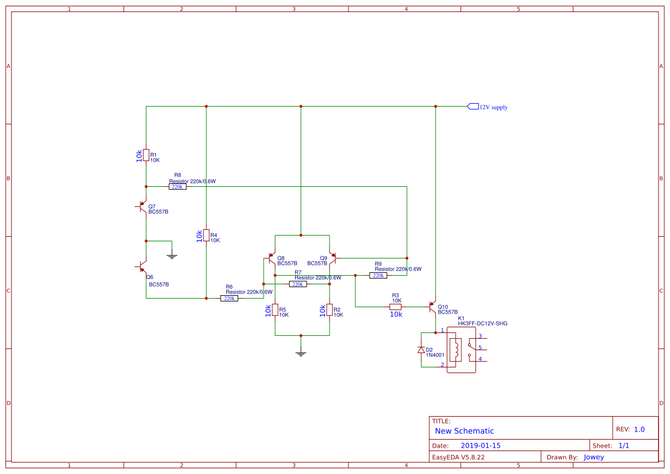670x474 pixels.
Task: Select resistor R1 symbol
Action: click(146, 156)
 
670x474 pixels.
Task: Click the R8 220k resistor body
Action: click(177, 187)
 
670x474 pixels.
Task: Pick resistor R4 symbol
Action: click(206, 236)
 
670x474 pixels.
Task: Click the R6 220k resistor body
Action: click(229, 299)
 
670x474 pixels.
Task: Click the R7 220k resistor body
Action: click(297, 284)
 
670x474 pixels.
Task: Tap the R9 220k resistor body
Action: click(378, 276)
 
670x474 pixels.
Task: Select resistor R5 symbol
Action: click(275, 310)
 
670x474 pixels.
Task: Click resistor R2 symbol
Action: click(330, 310)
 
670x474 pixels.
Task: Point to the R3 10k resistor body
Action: click(395, 307)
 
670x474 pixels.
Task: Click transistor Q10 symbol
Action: click(433, 307)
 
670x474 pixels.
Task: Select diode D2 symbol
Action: click(421, 350)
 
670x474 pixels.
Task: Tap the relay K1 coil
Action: click(456, 350)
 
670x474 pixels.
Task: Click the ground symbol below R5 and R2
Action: click(301, 352)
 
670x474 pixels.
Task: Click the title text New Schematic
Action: click(464, 431)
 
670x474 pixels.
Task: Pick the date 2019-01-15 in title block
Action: click(480, 445)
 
